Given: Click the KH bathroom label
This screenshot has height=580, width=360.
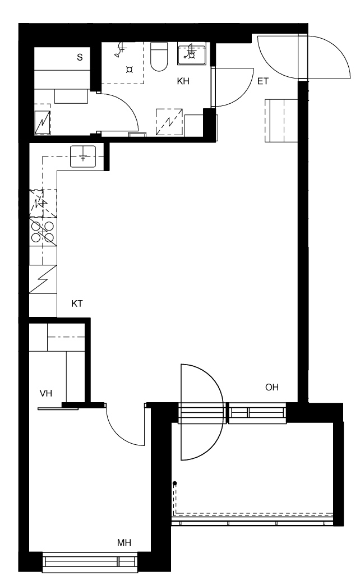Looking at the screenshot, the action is point(183,81).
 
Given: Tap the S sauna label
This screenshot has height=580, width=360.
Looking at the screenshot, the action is point(80,57).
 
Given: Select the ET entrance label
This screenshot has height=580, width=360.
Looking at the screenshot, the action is point(263,81).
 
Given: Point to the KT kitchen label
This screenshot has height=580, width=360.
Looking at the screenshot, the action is point(77,303).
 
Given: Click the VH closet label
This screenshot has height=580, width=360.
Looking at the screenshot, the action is point(46,393).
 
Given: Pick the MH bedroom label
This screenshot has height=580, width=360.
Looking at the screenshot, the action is point(124,542).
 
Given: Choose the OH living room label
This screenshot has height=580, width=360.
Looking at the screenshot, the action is point(271,387).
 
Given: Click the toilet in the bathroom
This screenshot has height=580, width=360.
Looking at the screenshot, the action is point(159,57).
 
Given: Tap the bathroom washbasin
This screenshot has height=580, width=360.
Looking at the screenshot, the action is point(191,54).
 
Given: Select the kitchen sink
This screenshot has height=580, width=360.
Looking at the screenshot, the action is point(83,156).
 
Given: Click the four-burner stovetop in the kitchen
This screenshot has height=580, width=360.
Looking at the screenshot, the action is point(43,232).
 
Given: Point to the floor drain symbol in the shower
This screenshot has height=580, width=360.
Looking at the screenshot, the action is point(130,70).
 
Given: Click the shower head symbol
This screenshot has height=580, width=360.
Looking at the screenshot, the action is point(121,50).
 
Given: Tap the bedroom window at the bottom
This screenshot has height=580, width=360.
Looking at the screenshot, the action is point(90,561).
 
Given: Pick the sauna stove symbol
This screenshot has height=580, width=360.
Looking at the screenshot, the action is point(42,120).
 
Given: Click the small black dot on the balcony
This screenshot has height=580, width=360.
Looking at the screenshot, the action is point(174,483).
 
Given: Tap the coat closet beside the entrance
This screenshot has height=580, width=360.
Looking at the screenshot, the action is point(281,121).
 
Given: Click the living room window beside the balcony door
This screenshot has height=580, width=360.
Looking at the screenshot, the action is point(257,413).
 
